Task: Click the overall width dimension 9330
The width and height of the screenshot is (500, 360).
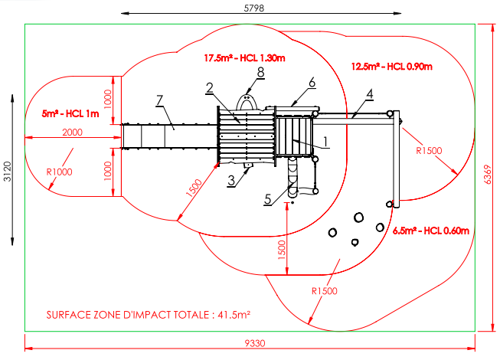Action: pos(254,344)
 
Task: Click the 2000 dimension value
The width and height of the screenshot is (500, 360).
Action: pos(72,133)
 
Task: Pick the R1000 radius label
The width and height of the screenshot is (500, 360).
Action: pos(60,172)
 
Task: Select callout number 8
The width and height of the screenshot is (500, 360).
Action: pos(260,71)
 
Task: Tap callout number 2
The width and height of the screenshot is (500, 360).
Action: pos(210,88)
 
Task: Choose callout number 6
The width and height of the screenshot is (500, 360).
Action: pos(312,81)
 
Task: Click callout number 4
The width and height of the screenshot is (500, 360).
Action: pos(370,94)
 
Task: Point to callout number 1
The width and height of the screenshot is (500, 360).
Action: pos(325,140)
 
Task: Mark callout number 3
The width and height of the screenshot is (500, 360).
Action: pos(230,181)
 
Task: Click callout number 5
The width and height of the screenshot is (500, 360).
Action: pos(267,199)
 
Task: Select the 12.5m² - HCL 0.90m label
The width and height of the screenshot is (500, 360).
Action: pos(391,66)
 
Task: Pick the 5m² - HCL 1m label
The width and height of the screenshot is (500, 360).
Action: pos(71,113)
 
